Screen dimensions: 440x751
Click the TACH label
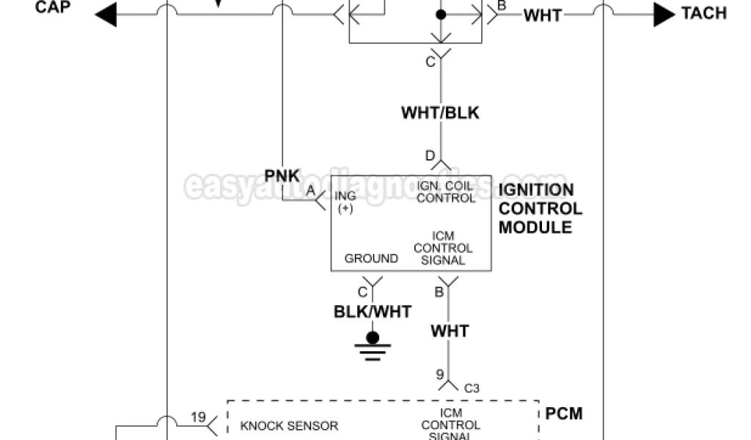703,13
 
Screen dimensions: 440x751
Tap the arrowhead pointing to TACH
664,14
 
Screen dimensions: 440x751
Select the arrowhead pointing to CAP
106,14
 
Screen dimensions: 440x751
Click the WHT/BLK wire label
440,113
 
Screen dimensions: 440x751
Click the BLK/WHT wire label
373,311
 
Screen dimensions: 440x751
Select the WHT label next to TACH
543,15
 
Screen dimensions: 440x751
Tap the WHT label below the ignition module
450,331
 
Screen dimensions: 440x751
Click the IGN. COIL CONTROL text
445,192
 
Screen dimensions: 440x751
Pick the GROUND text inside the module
371,258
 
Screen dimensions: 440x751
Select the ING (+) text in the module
345,202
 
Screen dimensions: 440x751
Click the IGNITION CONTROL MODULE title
540,209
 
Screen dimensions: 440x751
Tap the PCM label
564,414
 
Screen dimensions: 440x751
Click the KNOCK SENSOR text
289,425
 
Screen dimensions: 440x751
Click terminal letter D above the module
430,155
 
